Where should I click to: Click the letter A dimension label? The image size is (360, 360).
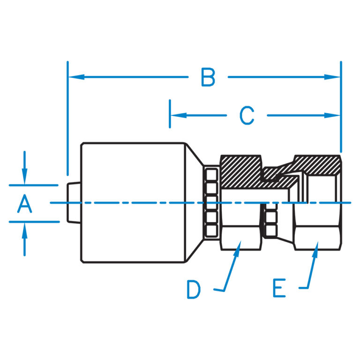(25, 204)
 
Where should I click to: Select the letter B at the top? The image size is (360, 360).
(208, 77)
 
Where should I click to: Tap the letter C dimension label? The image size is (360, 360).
(247, 115)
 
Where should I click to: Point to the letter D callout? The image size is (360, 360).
(193, 289)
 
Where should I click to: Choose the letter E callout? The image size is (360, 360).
(279, 288)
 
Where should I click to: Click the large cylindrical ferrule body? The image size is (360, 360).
(131, 202)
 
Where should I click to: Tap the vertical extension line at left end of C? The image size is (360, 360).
(170, 113)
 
